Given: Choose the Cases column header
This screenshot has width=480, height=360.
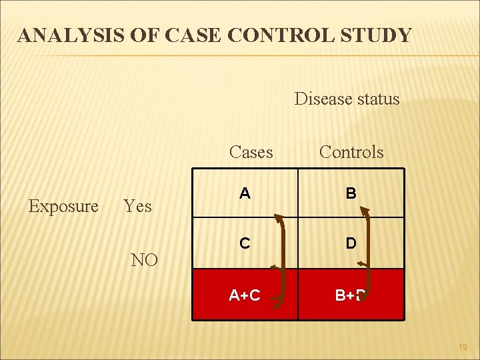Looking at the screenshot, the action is tap(251, 152).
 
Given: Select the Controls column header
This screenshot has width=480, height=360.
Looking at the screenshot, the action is tap(351, 152).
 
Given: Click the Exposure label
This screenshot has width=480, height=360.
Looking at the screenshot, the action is tap(63, 206).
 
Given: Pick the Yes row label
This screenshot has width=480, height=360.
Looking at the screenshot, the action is tap(138, 207).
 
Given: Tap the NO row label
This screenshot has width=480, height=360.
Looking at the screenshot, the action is tap(145, 260).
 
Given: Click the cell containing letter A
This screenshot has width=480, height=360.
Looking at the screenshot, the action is tap(245, 193).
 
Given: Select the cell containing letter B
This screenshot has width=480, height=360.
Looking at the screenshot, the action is tap(351, 193).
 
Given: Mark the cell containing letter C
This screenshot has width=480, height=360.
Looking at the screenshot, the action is tap(245, 243).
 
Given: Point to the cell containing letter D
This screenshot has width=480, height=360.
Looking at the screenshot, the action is tap(351, 243).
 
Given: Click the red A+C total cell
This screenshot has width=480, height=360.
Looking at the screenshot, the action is tap(245, 295).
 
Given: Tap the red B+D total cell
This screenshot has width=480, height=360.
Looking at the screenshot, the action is tap(351, 295).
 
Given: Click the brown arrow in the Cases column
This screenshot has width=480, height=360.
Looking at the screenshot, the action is tap(286, 257).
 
